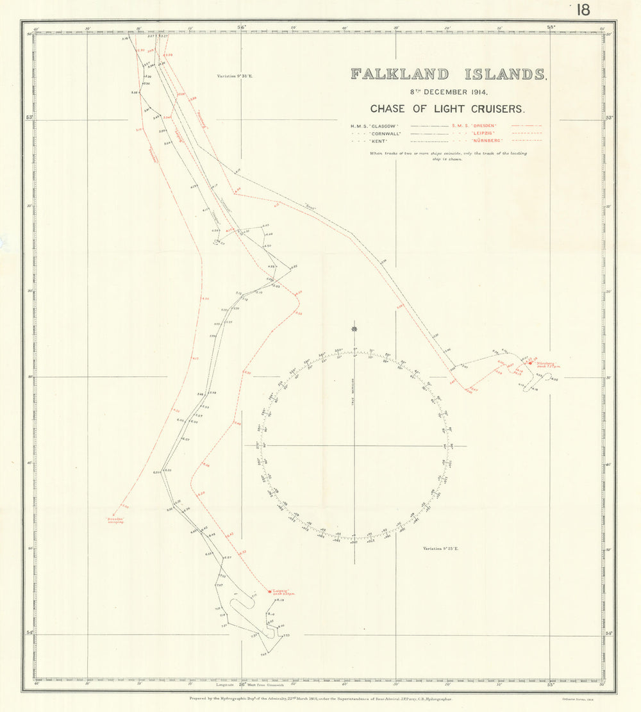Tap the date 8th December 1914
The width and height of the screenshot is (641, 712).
[x=447, y=92]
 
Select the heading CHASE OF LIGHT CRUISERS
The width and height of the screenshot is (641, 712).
[x=447, y=108]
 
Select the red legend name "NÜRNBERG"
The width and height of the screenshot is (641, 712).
[x=489, y=140]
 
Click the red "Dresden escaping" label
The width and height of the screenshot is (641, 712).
[x=115, y=520]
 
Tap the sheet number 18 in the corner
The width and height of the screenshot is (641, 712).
[x=583, y=10]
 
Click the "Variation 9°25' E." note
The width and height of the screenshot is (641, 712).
[x=442, y=549]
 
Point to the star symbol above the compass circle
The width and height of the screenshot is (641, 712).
[x=354, y=329]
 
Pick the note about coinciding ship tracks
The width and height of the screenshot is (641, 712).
[x=447, y=156]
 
